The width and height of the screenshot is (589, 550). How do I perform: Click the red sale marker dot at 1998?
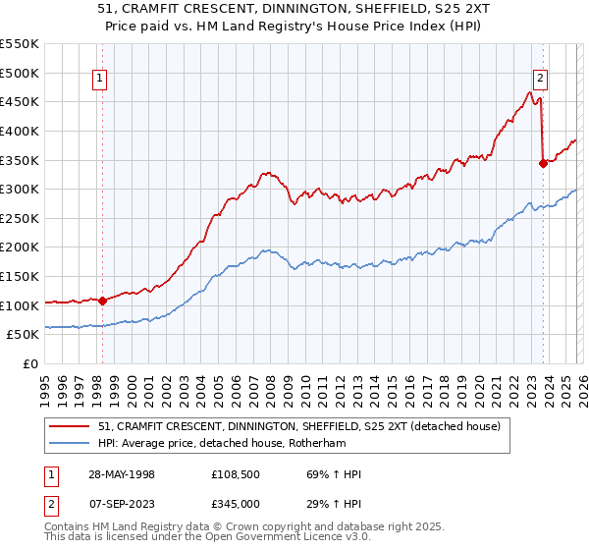tap(102, 301)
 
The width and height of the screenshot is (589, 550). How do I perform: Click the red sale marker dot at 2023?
tap(542, 164)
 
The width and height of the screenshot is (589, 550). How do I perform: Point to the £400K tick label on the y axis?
tap(20, 131)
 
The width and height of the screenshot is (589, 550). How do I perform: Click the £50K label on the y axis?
tap(24, 335)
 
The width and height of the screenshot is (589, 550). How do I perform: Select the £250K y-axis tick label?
tap(20, 218)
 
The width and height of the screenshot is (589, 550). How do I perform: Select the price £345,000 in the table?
tap(236, 503)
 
